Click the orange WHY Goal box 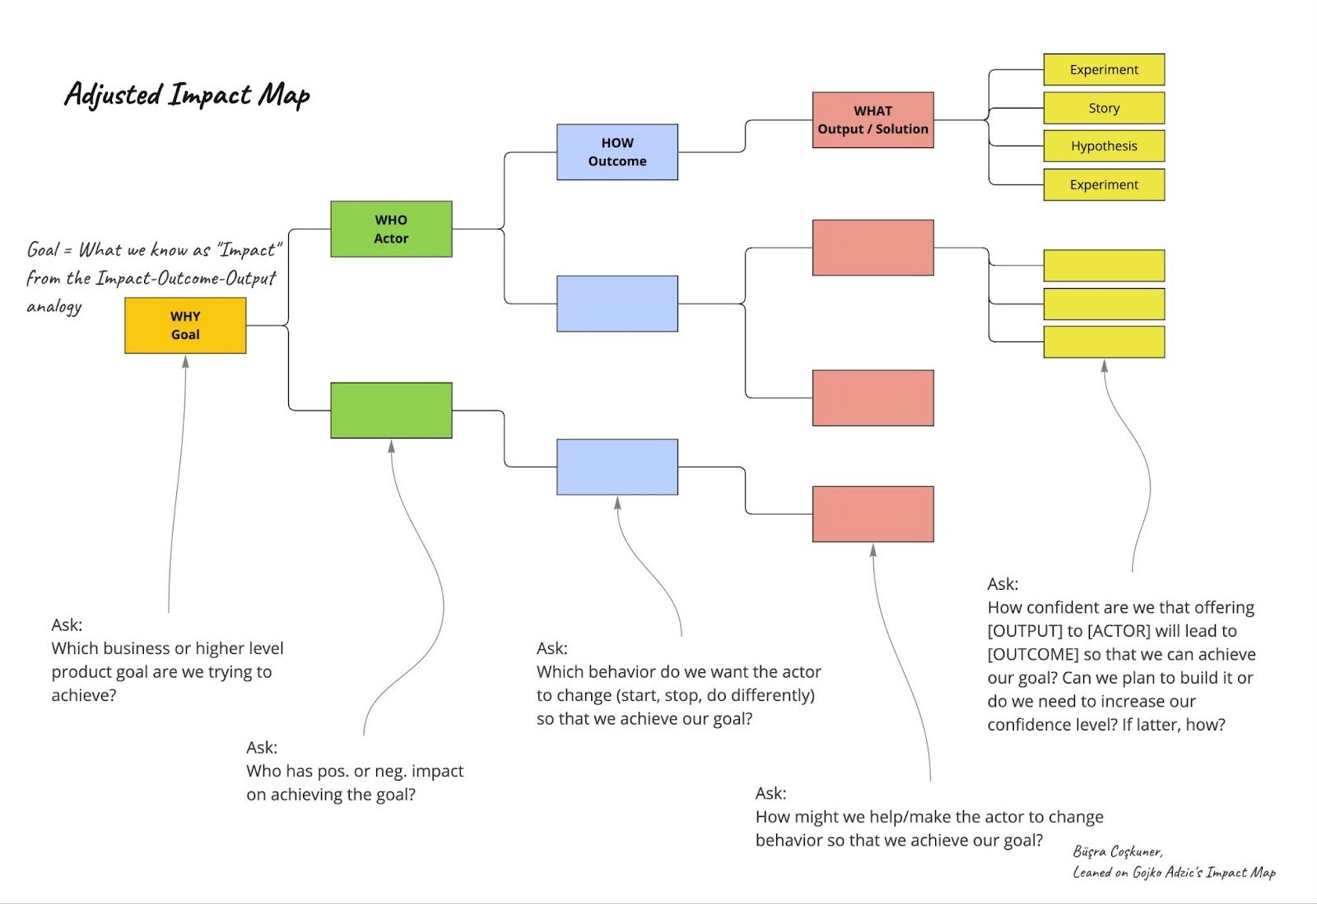[x=185, y=326]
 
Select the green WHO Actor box [x=391, y=229]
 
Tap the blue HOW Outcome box [x=617, y=152]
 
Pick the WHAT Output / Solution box [x=873, y=120]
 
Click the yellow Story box [x=1104, y=108]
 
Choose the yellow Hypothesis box [x=1104, y=146]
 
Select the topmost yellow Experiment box [x=1104, y=70]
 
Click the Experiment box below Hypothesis [x=1104, y=184]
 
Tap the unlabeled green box [x=391, y=410]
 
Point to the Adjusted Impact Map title [x=187, y=95]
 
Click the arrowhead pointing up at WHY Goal [x=185, y=362]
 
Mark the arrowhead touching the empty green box [x=391, y=447]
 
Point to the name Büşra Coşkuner [x=1117, y=851]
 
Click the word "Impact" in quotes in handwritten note [x=249, y=250]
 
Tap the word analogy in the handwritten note [x=54, y=307]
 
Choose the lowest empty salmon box [x=873, y=514]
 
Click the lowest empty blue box [x=617, y=467]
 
